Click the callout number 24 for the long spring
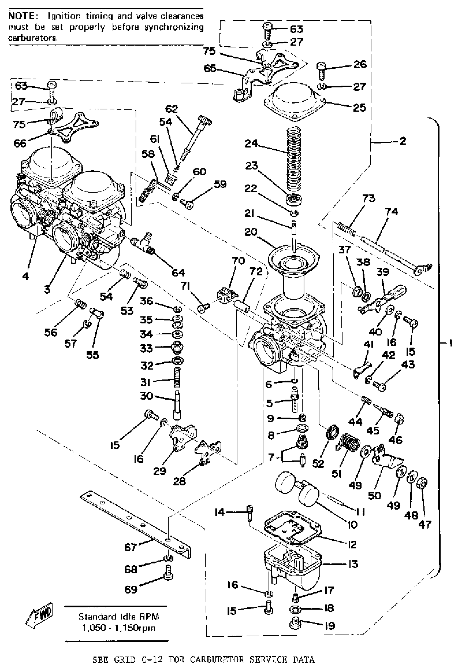click(x=251, y=144)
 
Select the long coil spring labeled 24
click(x=294, y=162)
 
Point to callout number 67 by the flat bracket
click(x=130, y=547)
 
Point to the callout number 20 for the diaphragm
click(x=251, y=232)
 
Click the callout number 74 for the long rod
click(x=391, y=212)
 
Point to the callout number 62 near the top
click(x=172, y=109)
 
